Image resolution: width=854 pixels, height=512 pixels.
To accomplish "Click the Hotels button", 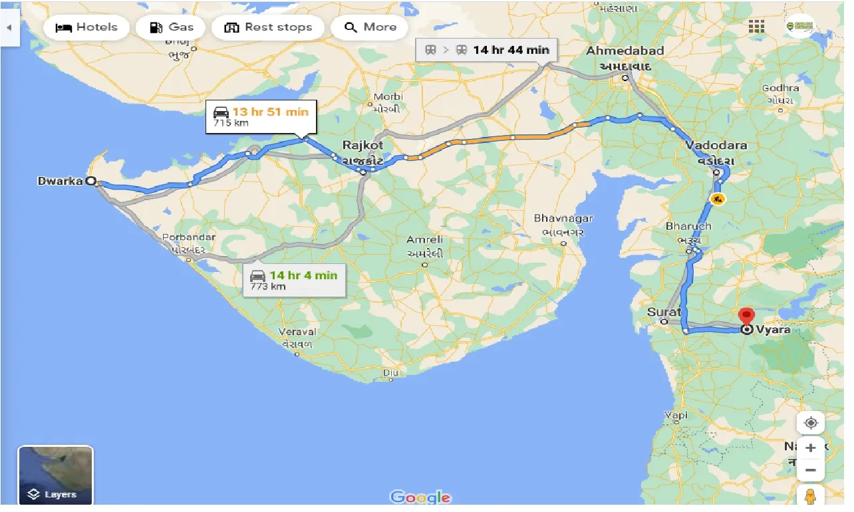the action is (x=86, y=27).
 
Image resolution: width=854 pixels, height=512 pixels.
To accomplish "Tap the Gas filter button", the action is (x=171, y=27).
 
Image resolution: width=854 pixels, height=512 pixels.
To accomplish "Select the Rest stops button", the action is (x=268, y=27).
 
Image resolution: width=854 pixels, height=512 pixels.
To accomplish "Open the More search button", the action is (x=371, y=27).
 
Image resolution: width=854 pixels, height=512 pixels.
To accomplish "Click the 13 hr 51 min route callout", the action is (x=261, y=116).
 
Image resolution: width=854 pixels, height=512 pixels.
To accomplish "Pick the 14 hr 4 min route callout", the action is (x=294, y=280).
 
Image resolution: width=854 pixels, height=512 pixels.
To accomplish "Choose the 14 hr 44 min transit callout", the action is (x=488, y=50).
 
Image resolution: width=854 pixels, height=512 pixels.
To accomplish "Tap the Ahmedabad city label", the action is (x=625, y=51).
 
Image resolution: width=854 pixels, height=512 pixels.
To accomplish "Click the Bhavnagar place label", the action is (x=563, y=219).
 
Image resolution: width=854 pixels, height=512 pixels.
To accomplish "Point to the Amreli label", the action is (x=425, y=239).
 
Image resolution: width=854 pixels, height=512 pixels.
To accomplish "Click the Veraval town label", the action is (x=297, y=332).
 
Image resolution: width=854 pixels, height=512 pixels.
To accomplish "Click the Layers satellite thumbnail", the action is (x=55, y=475).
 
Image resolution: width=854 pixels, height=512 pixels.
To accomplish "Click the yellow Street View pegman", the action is (x=810, y=496).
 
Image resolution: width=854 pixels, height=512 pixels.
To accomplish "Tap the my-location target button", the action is (x=810, y=423).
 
